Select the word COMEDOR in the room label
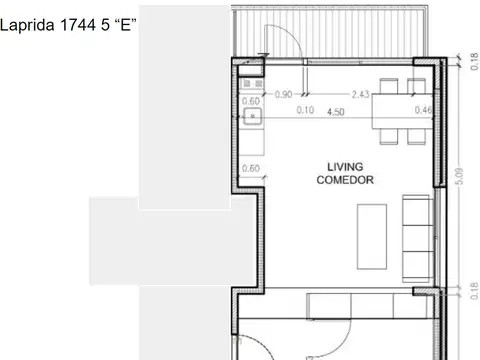[x=344, y=180]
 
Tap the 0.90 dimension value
[x=283, y=95]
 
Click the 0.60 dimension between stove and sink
[x=251, y=101]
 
